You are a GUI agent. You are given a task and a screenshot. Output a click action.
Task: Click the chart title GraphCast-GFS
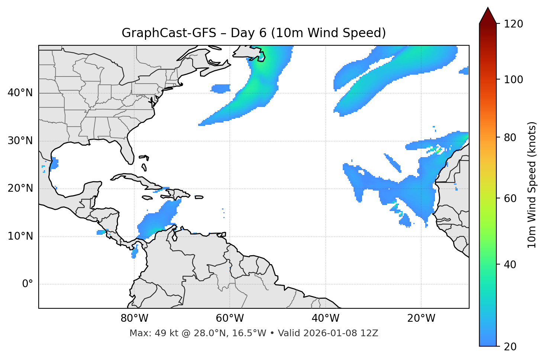coord(169,33)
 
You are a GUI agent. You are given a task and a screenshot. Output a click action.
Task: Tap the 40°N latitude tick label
coord(20,93)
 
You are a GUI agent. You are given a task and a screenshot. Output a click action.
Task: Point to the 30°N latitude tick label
coord(20,141)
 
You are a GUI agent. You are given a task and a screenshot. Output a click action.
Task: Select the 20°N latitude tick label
coord(20,188)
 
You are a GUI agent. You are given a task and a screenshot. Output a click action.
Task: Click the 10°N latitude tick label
coord(20,236)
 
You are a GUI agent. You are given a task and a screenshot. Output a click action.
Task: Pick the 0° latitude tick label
coord(27,284)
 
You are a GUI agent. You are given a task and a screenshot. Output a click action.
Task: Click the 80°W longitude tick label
coord(134,318)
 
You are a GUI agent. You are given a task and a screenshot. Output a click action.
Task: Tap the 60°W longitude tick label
coord(230,318)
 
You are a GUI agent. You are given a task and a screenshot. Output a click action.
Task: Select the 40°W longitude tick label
coord(325,318)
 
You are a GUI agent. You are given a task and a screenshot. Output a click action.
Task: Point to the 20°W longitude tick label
coord(421,318)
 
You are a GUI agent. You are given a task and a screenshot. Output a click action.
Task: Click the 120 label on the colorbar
coord(514,24)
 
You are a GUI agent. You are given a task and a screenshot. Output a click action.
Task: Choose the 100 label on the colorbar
coord(514,80)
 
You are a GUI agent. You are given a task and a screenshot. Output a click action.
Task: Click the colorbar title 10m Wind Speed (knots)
coord(532,185)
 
